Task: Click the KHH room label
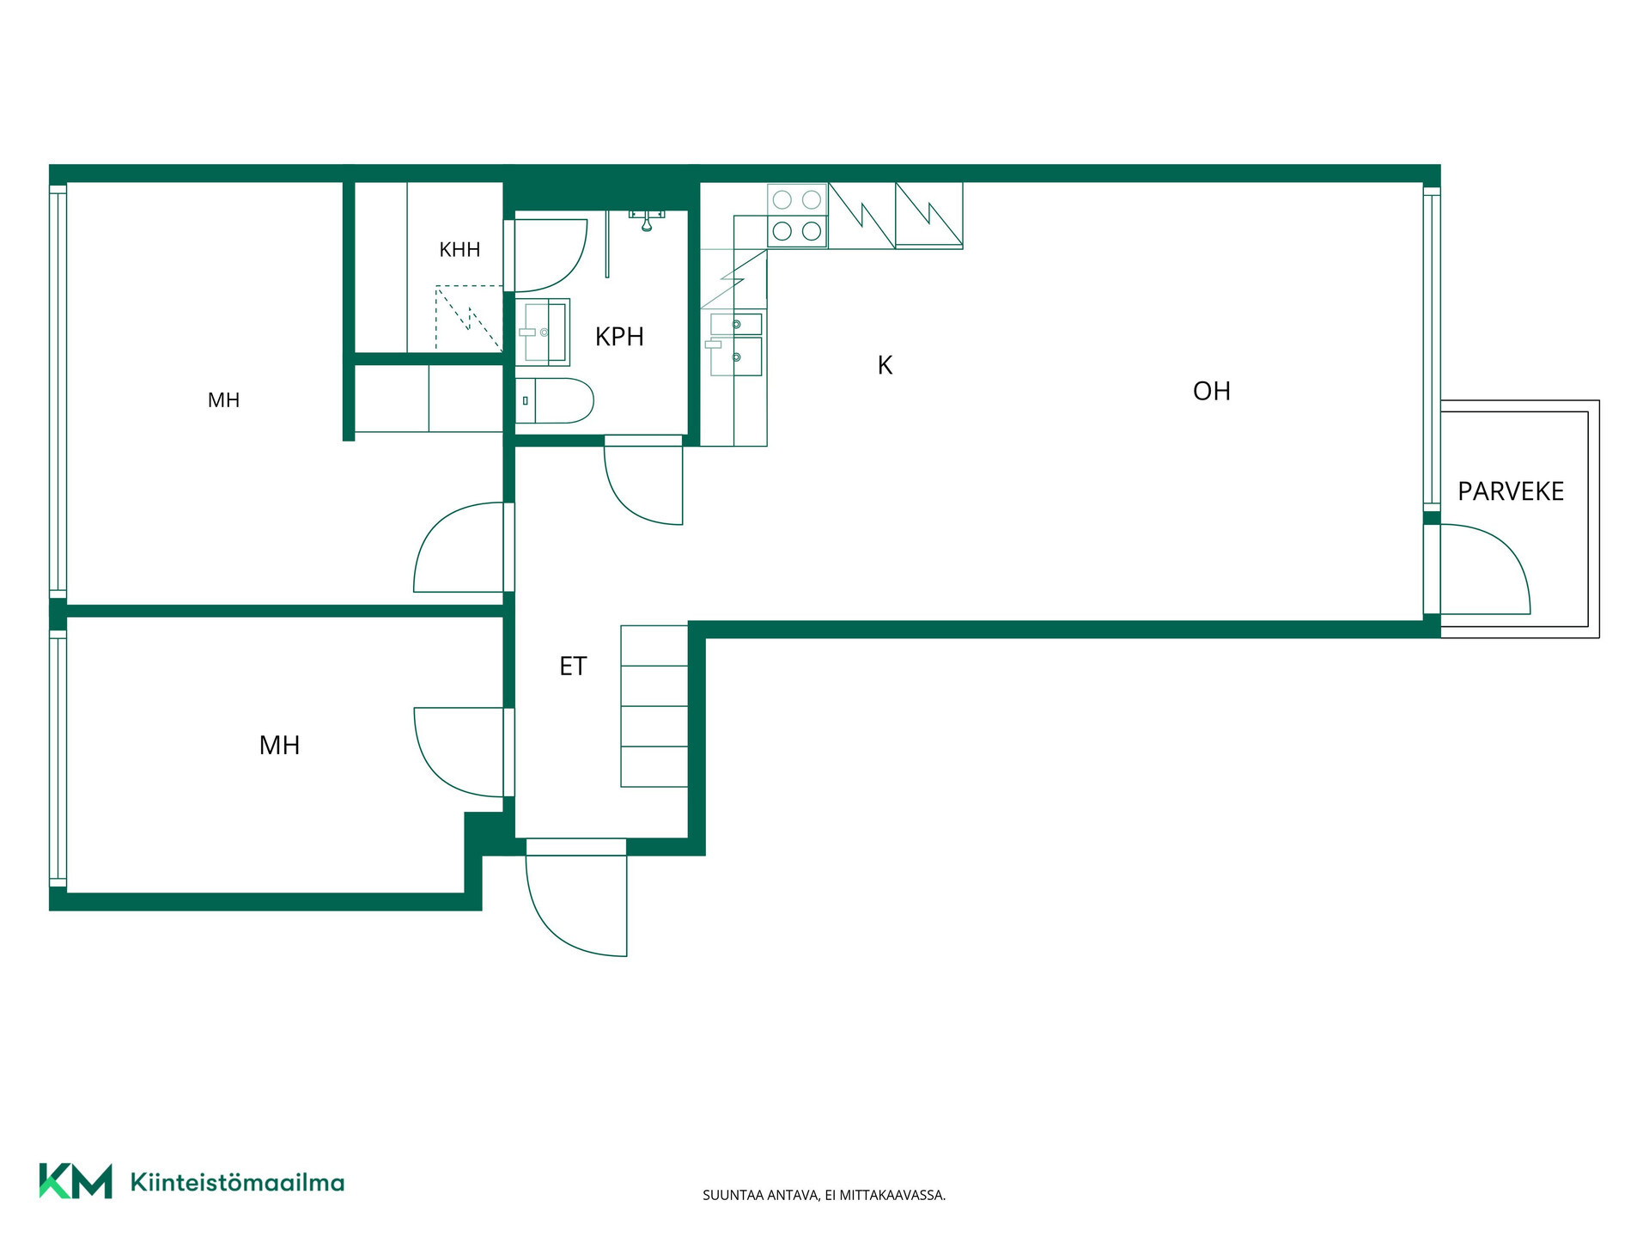pos(459,250)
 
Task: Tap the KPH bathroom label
pos(619,337)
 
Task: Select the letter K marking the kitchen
pos(885,365)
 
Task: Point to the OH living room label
pos(1211,391)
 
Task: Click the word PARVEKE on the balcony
pos(1511,491)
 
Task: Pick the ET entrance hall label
pos(573,666)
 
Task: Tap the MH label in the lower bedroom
pos(279,745)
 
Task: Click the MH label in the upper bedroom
pos(223,399)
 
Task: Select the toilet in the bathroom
pos(555,400)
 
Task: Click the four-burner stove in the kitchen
pos(797,215)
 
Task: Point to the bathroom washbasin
pos(542,332)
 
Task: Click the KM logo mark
pos(76,1181)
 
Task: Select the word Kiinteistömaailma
pos(237,1182)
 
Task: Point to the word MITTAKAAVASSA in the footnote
pos(893,1195)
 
